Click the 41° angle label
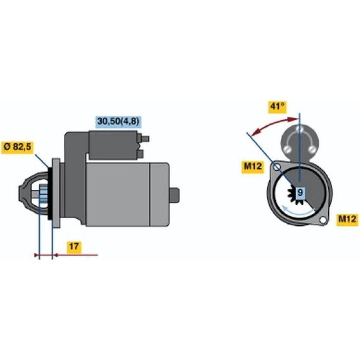tap(277, 107)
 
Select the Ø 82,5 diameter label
tap(17, 148)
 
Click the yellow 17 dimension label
tap(74, 247)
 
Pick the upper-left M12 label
tap(253, 167)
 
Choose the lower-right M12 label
tap(347, 220)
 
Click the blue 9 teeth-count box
tap(300, 192)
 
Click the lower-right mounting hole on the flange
tap(323, 220)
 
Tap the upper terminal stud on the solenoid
tap(146, 139)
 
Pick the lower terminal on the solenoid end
tap(140, 154)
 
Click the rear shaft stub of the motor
tap(174, 195)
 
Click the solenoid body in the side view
tap(113, 145)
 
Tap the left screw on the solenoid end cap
tap(289, 150)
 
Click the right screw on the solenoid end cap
tap(312, 150)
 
